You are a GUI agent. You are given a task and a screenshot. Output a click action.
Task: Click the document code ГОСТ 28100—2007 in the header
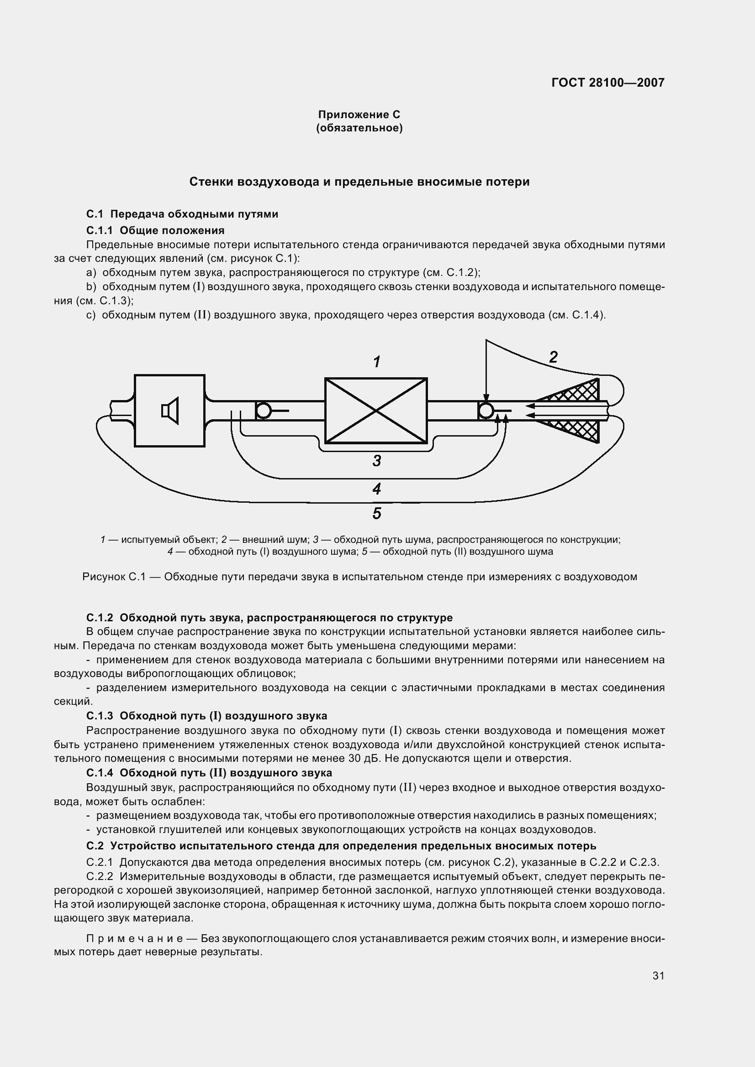pos(607,83)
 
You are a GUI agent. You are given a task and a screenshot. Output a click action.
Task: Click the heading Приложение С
pos(359,115)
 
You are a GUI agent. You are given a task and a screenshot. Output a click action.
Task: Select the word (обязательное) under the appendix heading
pos(359,128)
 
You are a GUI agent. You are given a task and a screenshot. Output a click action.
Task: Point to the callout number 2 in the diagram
pos(553,357)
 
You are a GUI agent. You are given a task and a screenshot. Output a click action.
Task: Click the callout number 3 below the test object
pos(377,461)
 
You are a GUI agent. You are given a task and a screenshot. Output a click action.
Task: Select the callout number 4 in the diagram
pos(377,489)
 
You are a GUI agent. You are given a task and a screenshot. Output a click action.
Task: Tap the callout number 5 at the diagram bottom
pos(377,514)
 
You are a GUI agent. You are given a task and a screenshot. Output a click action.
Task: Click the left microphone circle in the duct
pos(264,411)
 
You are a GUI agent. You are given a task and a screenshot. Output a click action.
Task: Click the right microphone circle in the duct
pos(486,411)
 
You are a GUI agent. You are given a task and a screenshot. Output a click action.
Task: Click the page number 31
pos(658,976)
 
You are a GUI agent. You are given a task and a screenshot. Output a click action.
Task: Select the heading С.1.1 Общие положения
pos(155,230)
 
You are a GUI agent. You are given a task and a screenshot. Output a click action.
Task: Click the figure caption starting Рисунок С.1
pos(359,577)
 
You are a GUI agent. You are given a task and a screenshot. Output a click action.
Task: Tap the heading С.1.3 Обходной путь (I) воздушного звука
pos(207,716)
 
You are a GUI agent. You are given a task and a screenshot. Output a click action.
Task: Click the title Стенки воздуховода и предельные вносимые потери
pos(359,182)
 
